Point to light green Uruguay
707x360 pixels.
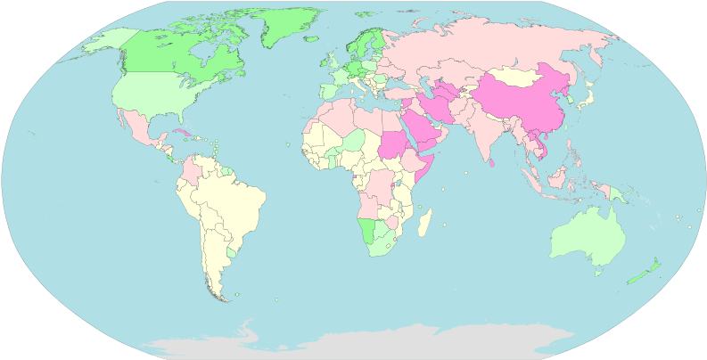pyautogui.click(x=232, y=253)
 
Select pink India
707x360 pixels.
pyautogui.click(x=486, y=134)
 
